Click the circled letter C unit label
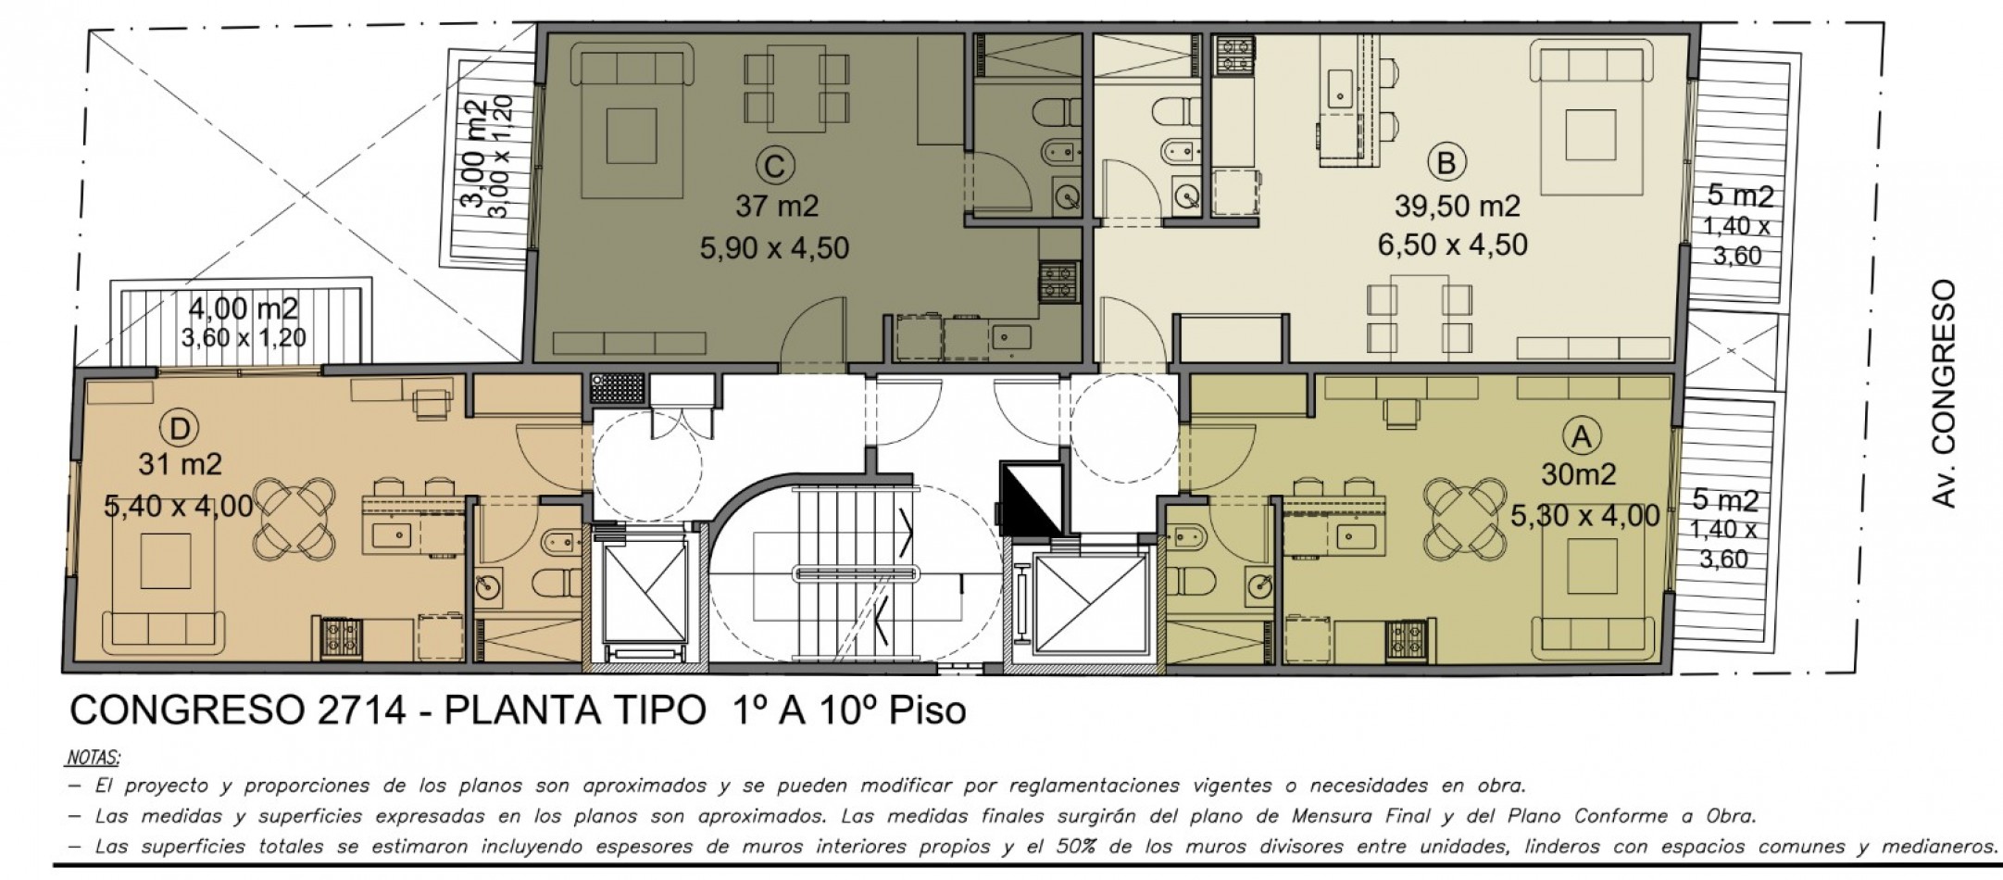pyautogui.click(x=775, y=167)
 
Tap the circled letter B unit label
pyautogui.click(x=1446, y=163)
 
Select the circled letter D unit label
pyautogui.click(x=180, y=427)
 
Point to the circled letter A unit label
pyautogui.click(x=1580, y=436)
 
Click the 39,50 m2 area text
pyautogui.click(x=1457, y=207)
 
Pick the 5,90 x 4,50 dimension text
pyautogui.click(x=775, y=248)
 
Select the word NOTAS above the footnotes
pyautogui.click(x=94, y=758)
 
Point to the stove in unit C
pyautogui.click(x=1058, y=282)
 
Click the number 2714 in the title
pyautogui.click(x=362, y=710)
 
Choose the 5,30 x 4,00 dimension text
pyautogui.click(x=1584, y=515)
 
